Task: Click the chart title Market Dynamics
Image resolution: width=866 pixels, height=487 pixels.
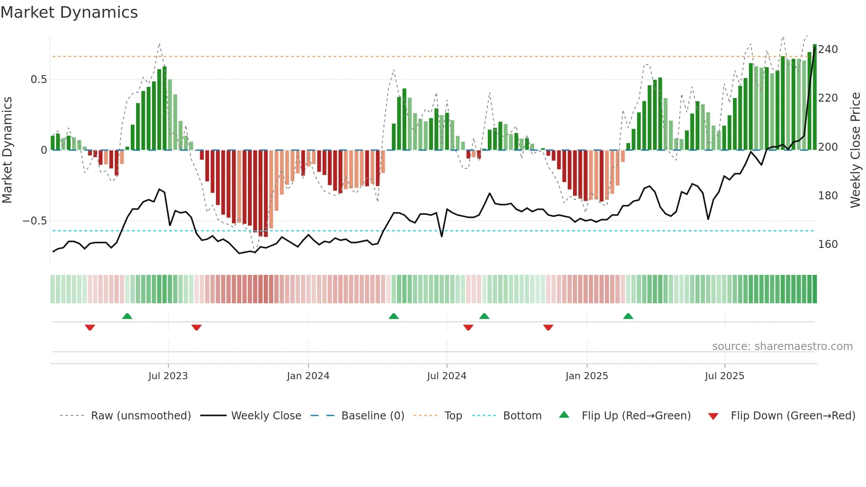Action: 69,12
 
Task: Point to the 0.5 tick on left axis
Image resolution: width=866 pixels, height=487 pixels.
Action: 38,80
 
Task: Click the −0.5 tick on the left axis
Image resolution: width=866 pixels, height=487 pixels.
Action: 35,221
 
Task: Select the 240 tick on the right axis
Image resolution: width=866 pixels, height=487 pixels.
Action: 828,49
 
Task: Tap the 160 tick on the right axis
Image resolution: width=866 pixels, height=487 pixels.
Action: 828,244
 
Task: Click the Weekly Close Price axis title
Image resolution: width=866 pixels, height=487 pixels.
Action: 855,150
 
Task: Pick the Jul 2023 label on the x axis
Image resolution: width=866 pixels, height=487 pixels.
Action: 168,376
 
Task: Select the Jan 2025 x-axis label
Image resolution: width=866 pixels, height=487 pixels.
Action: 586,376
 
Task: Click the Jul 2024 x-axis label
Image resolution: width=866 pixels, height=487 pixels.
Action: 446,376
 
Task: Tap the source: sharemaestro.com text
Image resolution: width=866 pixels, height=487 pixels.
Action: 782,346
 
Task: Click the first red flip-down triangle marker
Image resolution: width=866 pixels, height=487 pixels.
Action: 90,327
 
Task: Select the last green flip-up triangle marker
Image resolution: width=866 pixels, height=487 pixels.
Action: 628,316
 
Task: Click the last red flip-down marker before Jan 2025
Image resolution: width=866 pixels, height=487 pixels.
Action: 548,327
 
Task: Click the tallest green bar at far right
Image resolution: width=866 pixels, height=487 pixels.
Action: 814,97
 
